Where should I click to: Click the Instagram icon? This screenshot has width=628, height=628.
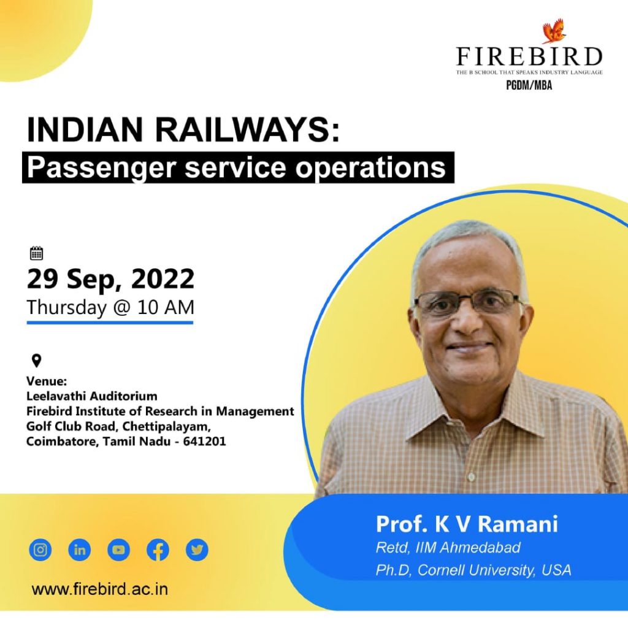click(40, 549)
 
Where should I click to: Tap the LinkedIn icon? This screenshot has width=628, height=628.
click(79, 549)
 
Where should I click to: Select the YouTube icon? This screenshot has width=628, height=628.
click(118, 549)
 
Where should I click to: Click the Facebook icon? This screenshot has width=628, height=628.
click(158, 549)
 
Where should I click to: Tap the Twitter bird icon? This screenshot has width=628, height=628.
click(197, 549)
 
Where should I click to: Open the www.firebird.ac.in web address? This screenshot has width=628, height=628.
click(100, 589)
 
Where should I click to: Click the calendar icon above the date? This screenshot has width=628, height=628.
click(36, 253)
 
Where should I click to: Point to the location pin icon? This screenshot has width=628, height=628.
click(36, 361)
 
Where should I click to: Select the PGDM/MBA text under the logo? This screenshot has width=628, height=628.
click(529, 86)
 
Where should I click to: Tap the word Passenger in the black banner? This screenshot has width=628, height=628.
click(101, 167)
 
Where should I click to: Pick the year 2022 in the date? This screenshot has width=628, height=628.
click(163, 280)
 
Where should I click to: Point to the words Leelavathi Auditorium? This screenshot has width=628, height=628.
click(92, 396)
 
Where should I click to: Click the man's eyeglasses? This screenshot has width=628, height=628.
click(469, 303)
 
